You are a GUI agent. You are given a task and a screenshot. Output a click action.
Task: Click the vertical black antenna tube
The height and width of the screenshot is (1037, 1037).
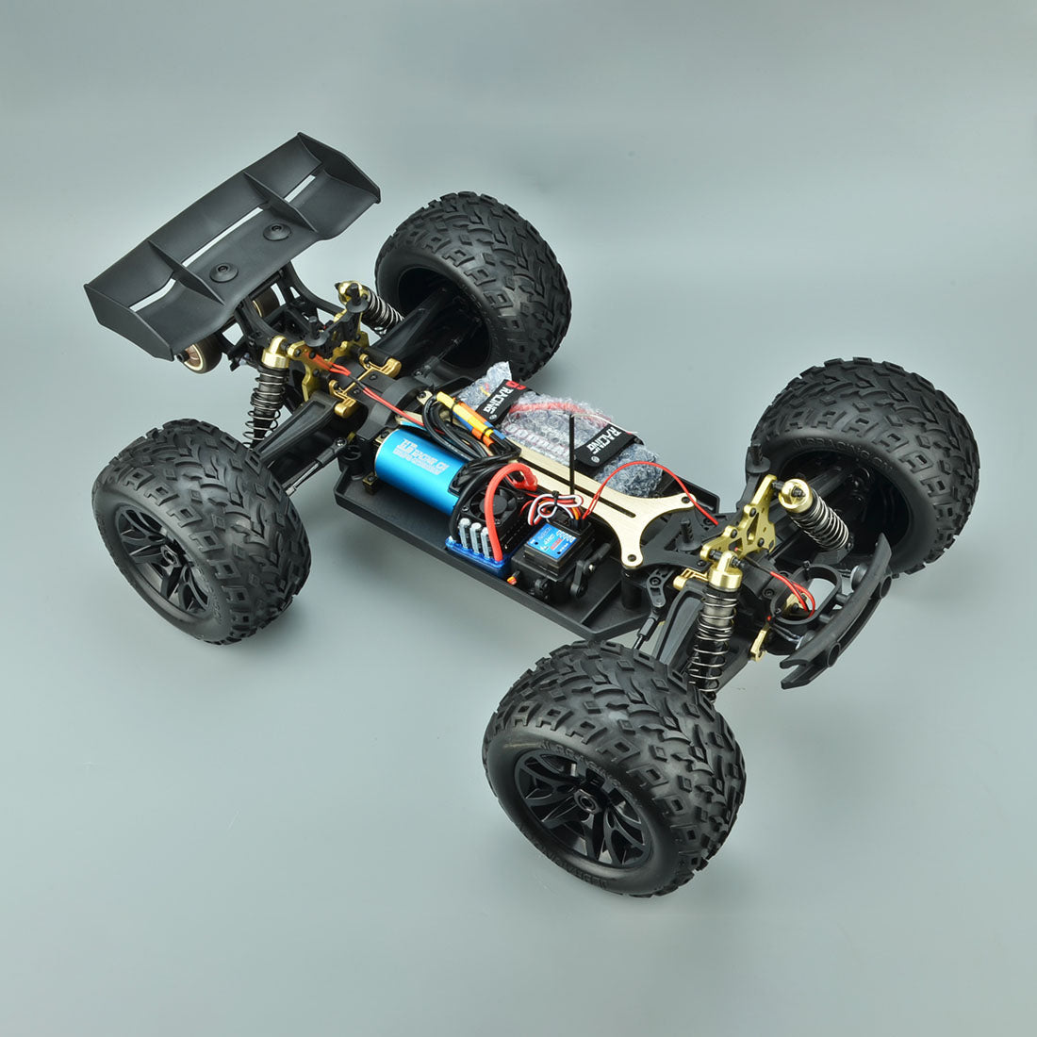pos(571,462)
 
